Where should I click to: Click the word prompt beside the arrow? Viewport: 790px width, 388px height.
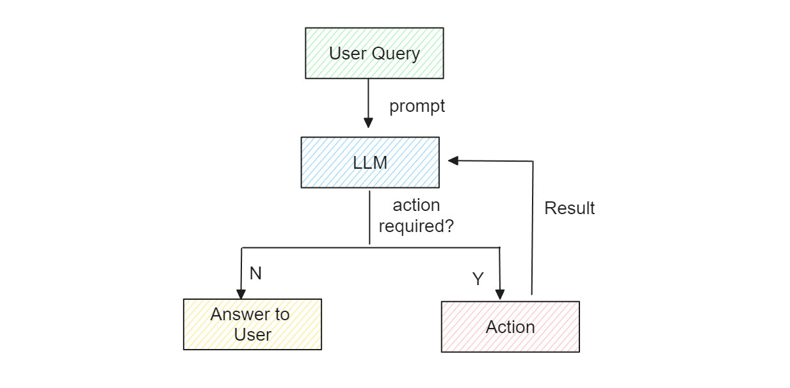tap(417, 106)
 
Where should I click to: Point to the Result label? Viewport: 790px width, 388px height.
tap(569, 208)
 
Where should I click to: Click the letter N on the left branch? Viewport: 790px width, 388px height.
tap(255, 274)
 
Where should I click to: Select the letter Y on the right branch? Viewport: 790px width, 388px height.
tap(478, 279)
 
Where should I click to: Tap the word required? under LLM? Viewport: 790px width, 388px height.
tap(416, 226)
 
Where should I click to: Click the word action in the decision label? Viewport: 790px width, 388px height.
tap(416, 205)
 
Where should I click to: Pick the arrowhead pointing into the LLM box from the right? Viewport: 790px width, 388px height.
tap(453, 161)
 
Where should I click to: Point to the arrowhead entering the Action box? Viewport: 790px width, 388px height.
tap(499, 295)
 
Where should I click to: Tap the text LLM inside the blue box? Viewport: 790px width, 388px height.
tap(370, 162)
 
